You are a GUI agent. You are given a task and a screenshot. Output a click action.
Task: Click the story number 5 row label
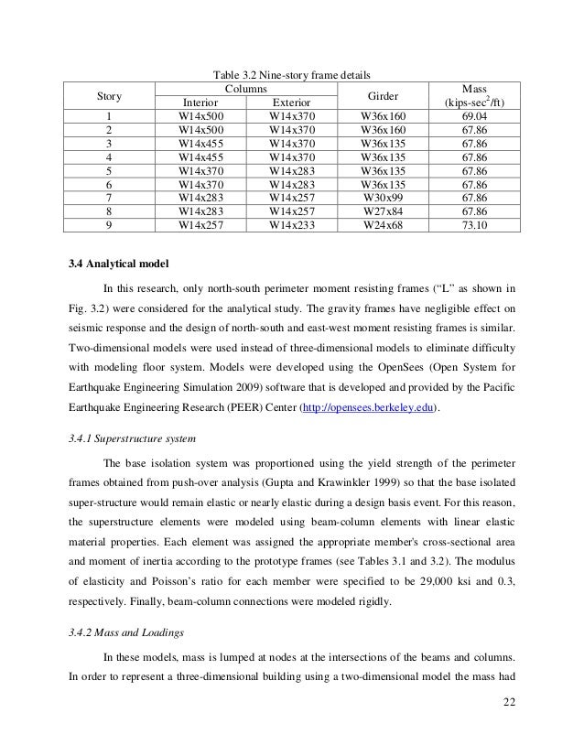click(x=109, y=169)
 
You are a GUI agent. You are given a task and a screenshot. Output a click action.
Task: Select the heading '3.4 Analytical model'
click(x=113, y=270)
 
